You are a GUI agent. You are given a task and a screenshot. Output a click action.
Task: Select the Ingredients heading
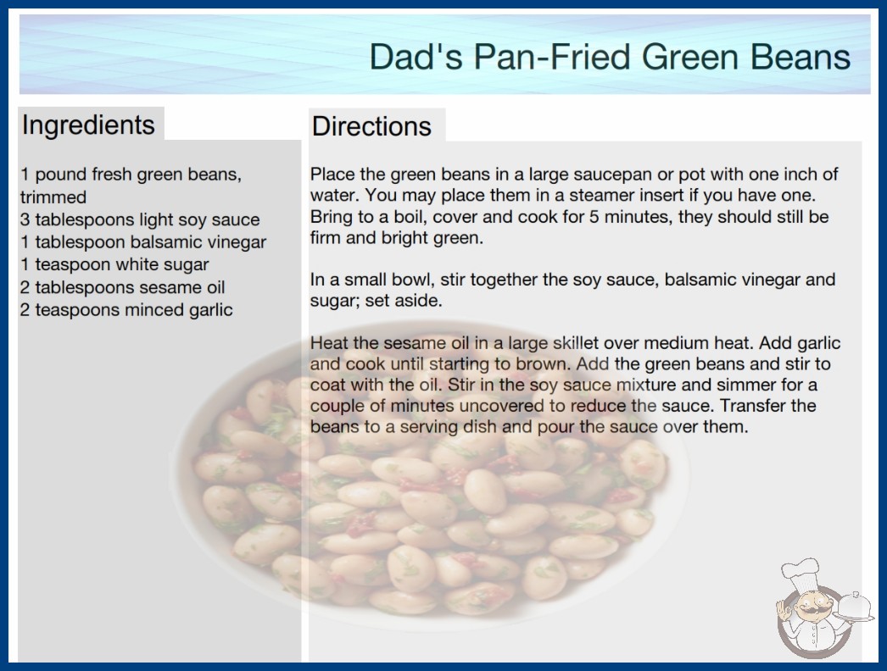coord(88,125)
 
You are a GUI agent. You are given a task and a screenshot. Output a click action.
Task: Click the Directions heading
coord(371,126)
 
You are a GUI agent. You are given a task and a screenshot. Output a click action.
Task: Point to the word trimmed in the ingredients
coord(53,197)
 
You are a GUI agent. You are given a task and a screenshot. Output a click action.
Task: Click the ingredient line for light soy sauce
coord(140,219)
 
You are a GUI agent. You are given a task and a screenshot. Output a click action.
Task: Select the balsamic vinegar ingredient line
coord(143,242)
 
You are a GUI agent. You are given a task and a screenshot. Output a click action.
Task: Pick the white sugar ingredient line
coord(114,264)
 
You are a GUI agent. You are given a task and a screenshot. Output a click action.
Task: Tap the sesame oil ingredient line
coord(123,287)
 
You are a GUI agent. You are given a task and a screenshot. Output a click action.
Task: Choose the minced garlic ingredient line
coord(126,310)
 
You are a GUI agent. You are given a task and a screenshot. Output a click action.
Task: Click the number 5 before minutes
coord(594,217)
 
